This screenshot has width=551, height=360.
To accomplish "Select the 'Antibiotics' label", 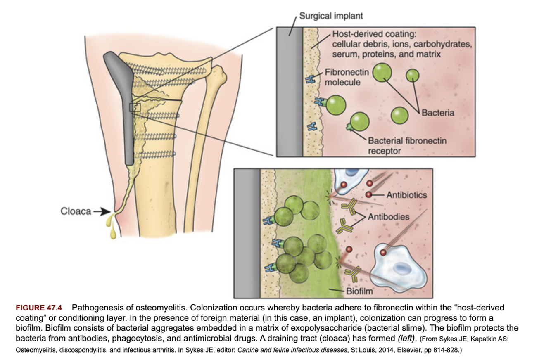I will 406,195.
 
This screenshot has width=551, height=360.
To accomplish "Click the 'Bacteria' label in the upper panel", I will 439,113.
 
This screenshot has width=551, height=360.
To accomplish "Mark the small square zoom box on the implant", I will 135,107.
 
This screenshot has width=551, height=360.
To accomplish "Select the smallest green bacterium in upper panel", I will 412,75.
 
